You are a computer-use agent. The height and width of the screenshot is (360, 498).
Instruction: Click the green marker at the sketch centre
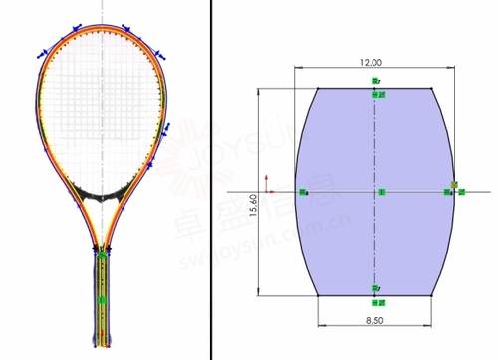tap(380, 191)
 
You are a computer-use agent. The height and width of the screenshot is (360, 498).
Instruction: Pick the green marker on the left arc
tap(304, 191)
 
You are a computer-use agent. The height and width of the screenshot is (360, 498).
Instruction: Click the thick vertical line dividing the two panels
tap(211, 179)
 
